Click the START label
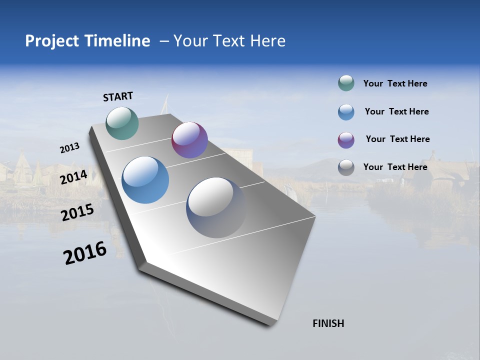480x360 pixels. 118,96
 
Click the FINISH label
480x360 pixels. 328,323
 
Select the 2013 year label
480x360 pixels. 69,148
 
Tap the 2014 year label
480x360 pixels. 74,177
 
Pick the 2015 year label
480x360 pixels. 77,212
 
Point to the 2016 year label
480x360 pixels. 85,253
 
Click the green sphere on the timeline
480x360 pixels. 122,123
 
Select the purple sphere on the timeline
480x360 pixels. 189,140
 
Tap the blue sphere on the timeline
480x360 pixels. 145,180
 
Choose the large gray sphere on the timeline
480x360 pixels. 216,207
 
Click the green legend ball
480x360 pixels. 346,83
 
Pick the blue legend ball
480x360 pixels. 346,112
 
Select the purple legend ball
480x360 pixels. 346,140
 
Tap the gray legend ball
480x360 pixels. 346,167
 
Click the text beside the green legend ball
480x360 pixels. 395,83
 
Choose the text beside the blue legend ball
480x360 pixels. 396,111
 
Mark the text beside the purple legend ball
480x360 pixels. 397,139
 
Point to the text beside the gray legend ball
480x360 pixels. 395,167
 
